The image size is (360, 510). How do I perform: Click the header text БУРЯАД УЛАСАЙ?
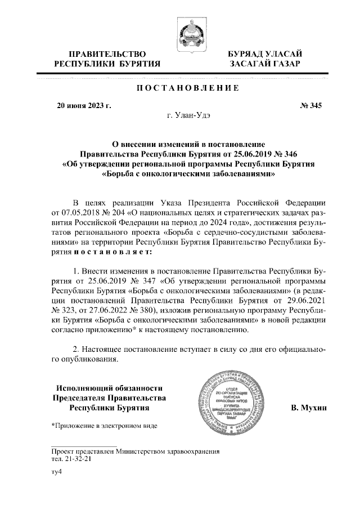click(264, 53)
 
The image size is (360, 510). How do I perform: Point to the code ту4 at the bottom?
click(56, 472)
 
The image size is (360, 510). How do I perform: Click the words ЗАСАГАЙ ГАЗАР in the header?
click(264, 64)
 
